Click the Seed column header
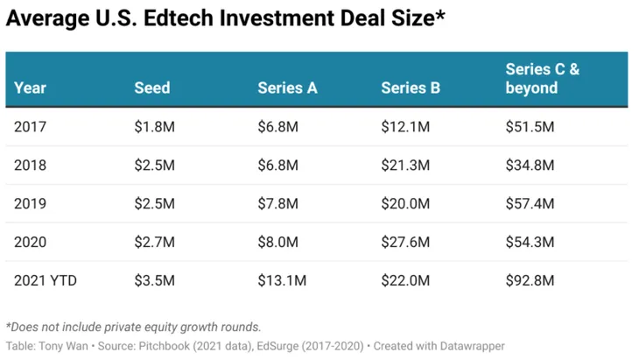(x=152, y=88)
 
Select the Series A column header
(x=287, y=88)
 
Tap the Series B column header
(x=411, y=88)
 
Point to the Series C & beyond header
(x=543, y=79)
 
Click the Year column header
(x=31, y=88)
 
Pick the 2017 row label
(x=30, y=127)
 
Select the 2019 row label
(x=30, y=204)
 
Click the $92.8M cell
(x=530, y=281)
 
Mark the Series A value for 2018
(x=278, y=166)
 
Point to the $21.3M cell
(x=405, y=166)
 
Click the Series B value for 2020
(x=405, y=243)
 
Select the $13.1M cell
(x=282, y=281)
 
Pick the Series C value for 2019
(x=530, y=204)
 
